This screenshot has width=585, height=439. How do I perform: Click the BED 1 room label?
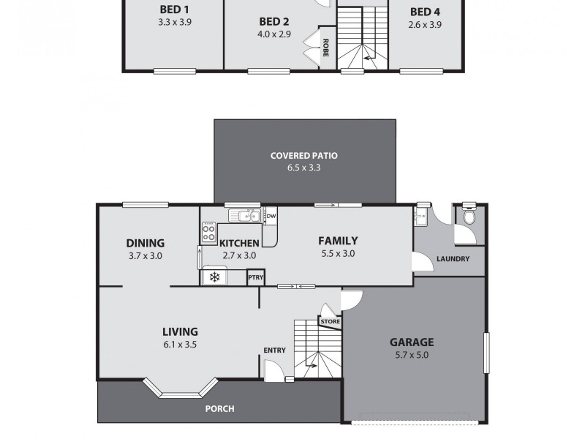coord(173,10)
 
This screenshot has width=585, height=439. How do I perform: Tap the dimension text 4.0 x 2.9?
coord(274,34)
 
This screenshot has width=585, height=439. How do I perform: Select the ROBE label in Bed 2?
coord(325,48)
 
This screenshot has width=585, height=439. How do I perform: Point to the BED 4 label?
coord(424,12)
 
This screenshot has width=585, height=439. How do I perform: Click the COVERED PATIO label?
coord(303,155)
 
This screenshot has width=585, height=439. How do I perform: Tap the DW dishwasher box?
coord(271,216)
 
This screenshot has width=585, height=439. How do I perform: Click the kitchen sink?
coord(242,216)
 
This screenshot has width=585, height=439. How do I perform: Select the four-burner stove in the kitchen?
coord(208,233)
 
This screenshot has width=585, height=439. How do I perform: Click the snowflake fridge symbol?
coord(214,277)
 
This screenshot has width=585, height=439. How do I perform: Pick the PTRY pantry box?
coord(255,277)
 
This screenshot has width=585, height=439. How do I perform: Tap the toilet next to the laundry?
coord(469,215)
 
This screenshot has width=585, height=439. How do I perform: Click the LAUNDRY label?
coord(453,259)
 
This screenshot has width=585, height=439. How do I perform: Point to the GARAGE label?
coord(411,342)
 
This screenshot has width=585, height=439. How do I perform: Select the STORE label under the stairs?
coord(330,321)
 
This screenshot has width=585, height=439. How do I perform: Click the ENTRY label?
coord(274,350)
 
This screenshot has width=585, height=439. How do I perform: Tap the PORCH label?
coord(219,409)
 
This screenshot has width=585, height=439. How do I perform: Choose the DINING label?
coord(145,244)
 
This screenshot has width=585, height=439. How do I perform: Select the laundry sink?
coord(420,217)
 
